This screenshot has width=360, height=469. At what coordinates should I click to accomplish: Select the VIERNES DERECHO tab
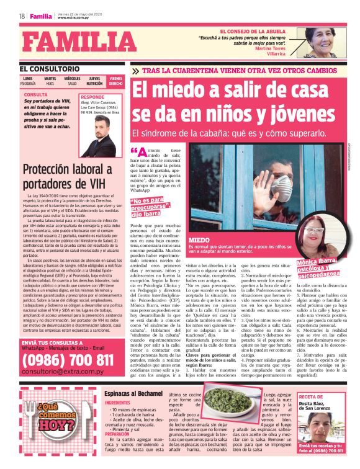pyautogui.click(x=115, y=81)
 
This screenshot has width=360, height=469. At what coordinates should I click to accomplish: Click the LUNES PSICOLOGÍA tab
pyautogui.click(x=29, y=81)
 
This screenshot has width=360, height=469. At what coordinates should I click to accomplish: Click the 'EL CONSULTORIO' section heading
pyautogui.click(x=50, y=69)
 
